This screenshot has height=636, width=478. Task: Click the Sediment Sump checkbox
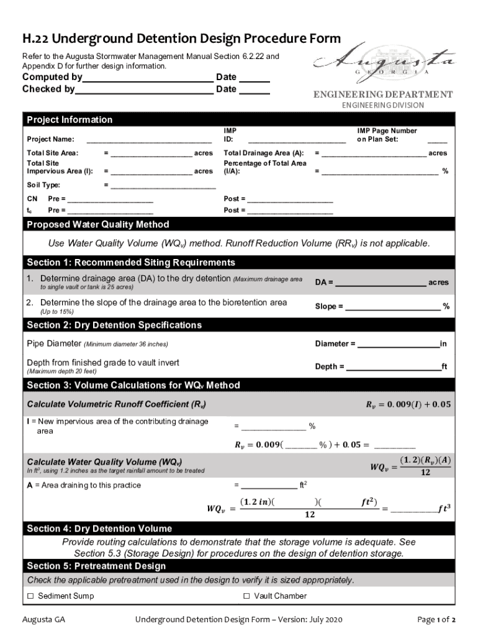[x=30, y=596]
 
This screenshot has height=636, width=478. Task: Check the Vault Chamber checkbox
[x=246, y=596]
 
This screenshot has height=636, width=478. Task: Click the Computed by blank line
[x=148, y=78]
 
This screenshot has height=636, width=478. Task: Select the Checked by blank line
[x=144, y=90]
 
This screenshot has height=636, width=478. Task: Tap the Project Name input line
[x=149, y=140]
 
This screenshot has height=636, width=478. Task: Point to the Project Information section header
[x=70, y=120]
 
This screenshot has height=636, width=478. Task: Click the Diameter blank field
[x=398, y=345]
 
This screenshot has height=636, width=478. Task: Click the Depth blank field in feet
[x=393, y=367]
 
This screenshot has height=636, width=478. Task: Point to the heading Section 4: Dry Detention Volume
[x=99, y=529]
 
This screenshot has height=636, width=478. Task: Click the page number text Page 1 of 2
[x=436, y=620]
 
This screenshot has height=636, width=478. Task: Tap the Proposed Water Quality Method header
[x=98, y=224]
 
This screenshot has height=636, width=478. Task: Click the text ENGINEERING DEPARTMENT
[x=382, y=94]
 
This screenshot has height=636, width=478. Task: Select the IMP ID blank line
[x=297, y=140]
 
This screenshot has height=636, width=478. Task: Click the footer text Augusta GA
[x=43, y=620]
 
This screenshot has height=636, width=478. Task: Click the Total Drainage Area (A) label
[x=263, y=153]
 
